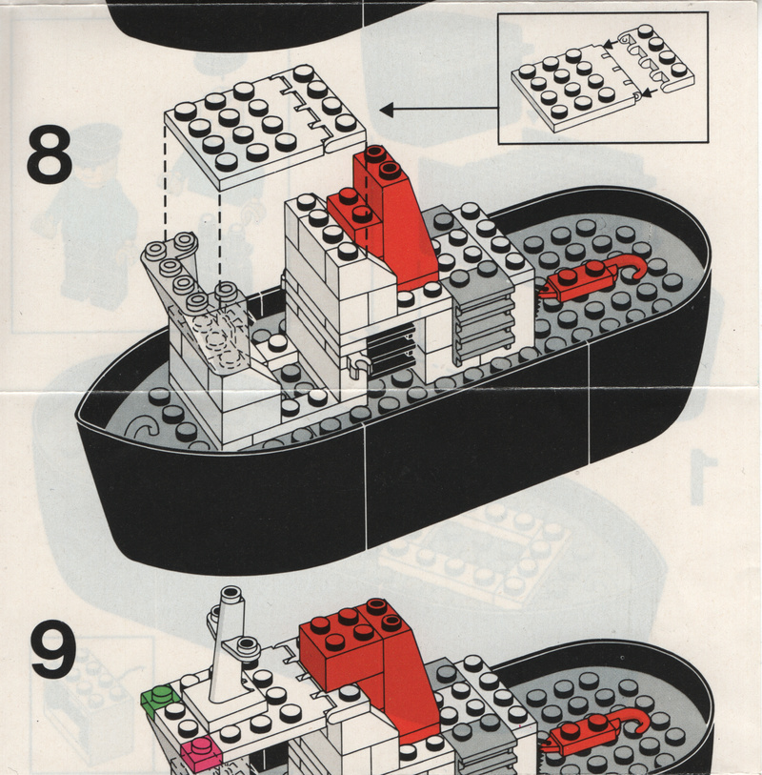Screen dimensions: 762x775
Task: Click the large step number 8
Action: point(50,153)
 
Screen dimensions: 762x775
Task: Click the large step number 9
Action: point(53,649)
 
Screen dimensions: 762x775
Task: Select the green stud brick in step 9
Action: point(159,698)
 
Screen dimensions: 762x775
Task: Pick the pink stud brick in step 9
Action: point(200,750)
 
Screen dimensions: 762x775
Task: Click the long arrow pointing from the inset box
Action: point(438,110)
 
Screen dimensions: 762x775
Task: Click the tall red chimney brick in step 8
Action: point(394,216)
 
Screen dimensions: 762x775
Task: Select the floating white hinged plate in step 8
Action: point(265,127)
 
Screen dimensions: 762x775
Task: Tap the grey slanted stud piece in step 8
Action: point(197,299)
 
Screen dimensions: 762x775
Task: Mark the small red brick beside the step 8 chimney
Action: point(354,214)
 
